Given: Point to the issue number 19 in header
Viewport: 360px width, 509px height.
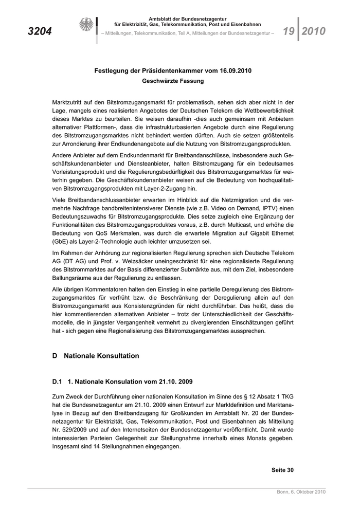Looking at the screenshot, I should click(289, 31).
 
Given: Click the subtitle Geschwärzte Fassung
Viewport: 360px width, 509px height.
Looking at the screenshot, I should click(173, 81).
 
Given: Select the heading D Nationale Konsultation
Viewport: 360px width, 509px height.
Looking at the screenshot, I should click(96, 355).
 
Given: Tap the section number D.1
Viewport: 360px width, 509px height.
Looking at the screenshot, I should click(57, 382).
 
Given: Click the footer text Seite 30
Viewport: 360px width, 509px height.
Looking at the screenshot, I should click(282, 469).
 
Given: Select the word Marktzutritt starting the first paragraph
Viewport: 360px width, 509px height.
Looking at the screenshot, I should click(69, 103).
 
